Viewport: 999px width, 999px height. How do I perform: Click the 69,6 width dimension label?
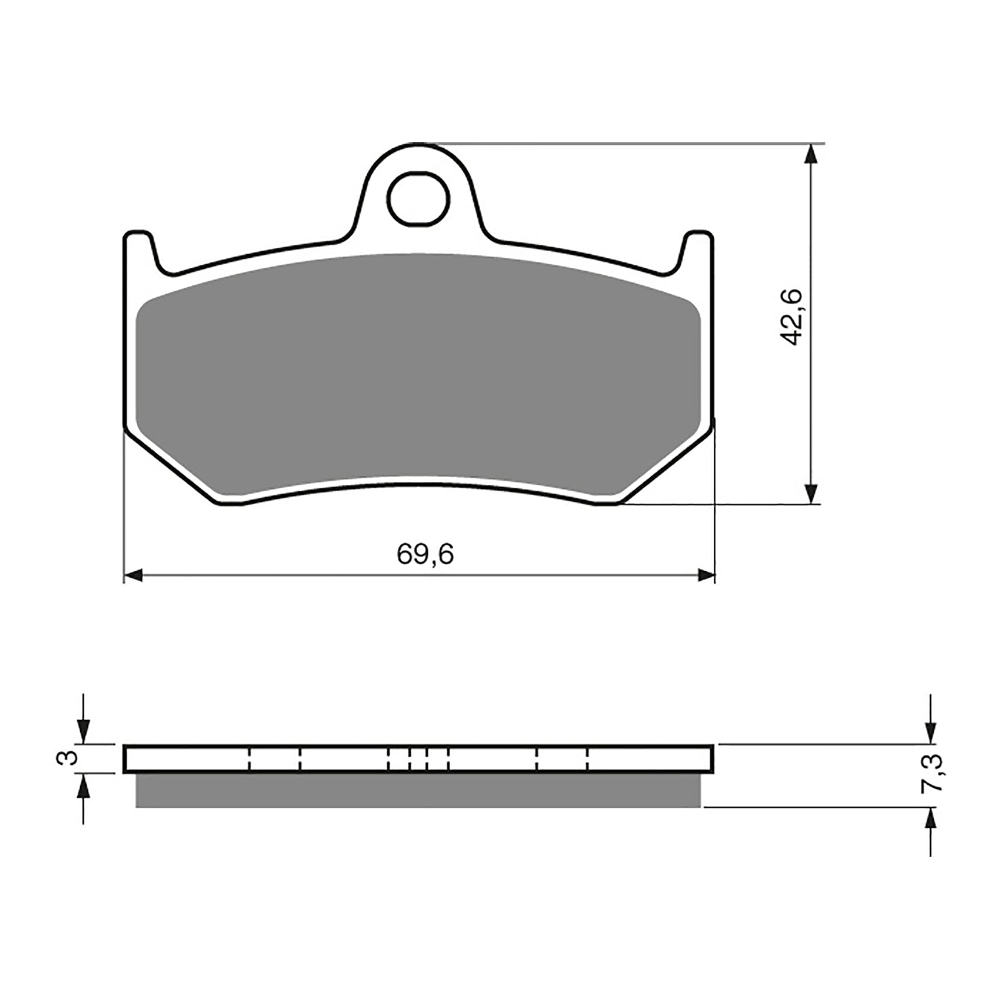425,554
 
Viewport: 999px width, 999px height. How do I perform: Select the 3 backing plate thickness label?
71,758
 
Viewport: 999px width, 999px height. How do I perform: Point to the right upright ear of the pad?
698,250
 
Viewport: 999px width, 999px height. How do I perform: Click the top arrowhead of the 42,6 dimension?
810,154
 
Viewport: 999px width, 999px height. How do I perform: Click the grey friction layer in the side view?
418,790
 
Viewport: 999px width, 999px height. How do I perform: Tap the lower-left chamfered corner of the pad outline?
169,465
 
